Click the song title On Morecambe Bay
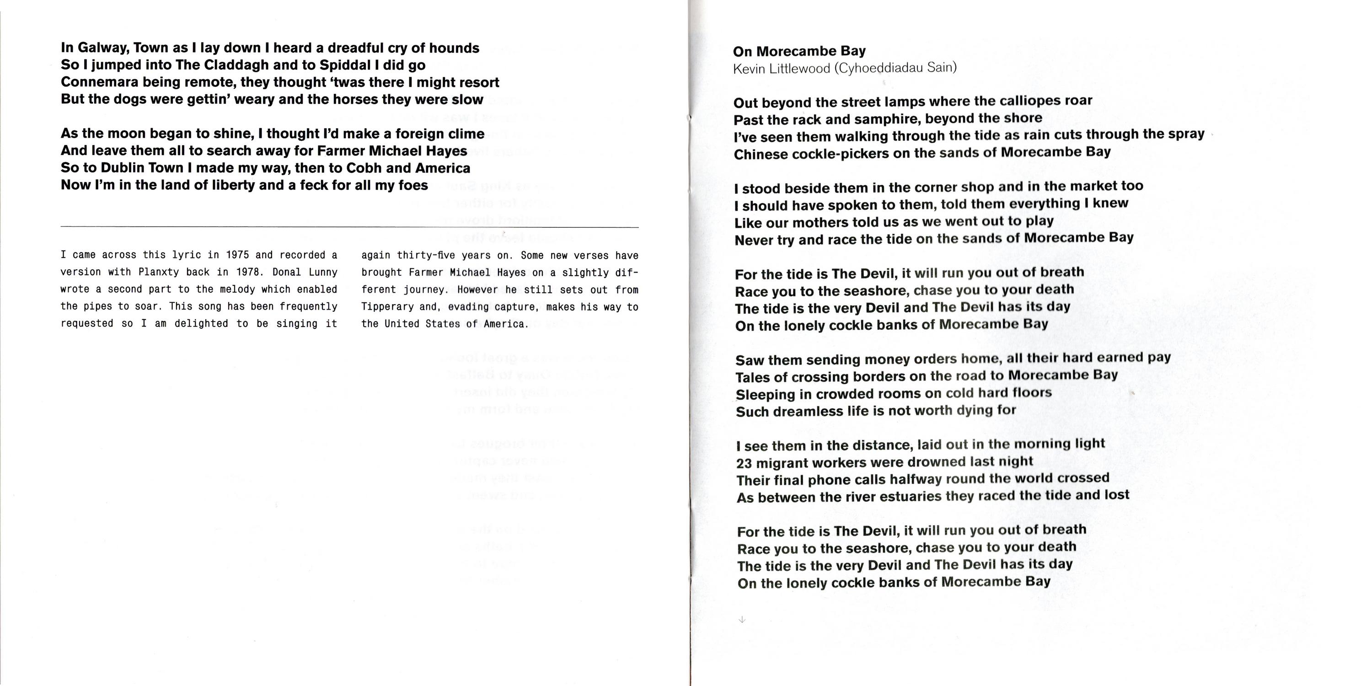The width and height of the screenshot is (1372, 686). pos(799,51)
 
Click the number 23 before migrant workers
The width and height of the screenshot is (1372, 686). pos(744,463)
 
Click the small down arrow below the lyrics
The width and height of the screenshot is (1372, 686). pos(742,619)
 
